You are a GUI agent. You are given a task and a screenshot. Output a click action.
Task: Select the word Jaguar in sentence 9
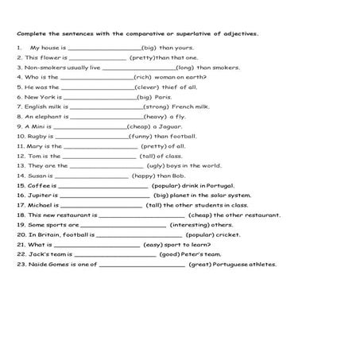pyautogui.click(x=168, y=126)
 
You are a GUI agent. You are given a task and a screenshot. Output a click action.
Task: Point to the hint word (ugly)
pyautogui.click(x=157, y=165)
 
